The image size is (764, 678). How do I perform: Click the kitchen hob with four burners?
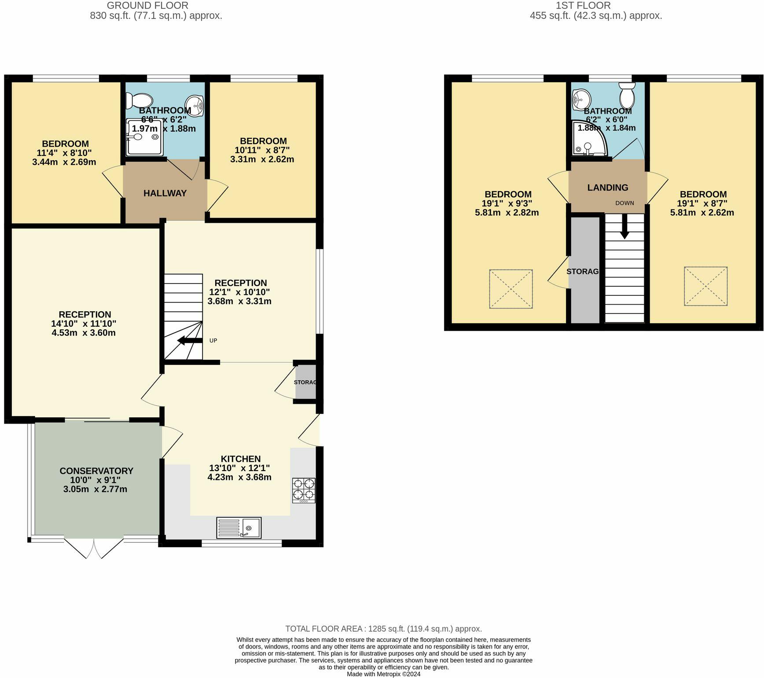pos(304,490)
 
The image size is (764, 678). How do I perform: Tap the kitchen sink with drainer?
pos(239,527)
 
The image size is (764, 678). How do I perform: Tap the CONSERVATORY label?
pos(96,471)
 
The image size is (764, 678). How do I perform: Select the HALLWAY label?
pos(165,193)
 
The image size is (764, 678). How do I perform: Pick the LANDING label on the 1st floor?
pos(608,188)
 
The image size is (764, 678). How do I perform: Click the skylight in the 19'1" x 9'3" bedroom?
pos(511,289)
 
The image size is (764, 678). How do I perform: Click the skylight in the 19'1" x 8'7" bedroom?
pos(705,286)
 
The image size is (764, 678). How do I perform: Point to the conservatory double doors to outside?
pos(94,547)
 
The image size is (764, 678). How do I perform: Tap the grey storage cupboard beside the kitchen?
pos(305,382)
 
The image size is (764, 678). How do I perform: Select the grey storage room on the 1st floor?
pos(585,282)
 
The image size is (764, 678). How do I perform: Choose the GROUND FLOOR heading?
pos(147,6)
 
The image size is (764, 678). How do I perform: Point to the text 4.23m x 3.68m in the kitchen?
pos(239,477)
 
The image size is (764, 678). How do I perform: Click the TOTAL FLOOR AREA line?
pos(383,629)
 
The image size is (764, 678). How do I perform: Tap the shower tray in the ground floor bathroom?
pos(144,137)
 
